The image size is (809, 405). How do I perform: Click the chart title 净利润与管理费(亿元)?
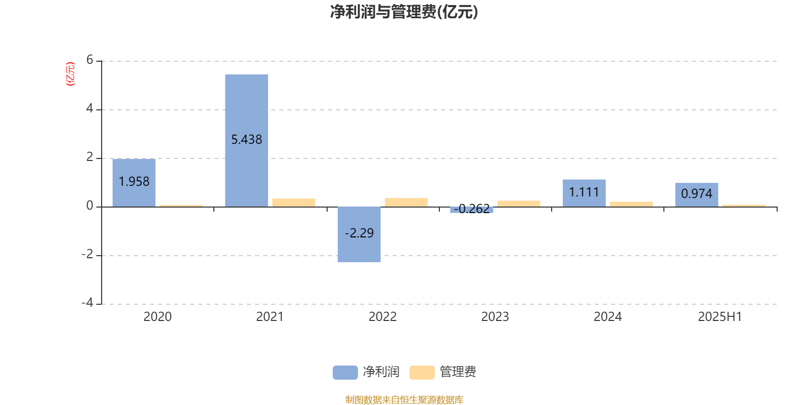pyautogui.click(x=404, y=12)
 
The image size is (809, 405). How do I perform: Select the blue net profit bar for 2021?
pyautogui.click(x=246, y=141)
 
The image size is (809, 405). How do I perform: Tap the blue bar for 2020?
pyautogui.click(x=134, y=183)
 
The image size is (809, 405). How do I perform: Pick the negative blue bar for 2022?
pyautogui.click(x=359, y=234)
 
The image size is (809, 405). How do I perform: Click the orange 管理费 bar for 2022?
pyautogui.click(x=407, y=202)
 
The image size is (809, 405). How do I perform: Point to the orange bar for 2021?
pyautogui.click(x=294, y=203)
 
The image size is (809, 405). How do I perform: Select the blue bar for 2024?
pyautogui.click(x=584, y=193)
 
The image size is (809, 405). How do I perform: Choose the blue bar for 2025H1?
pyautogui.click(x=697, y=195)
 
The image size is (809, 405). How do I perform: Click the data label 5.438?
pyautogui.click(x=246, y=140)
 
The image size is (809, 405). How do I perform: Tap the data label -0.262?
pyautogui.click(x=472, y=209)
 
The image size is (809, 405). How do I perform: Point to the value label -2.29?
pyautogui.click(x=359, y=233)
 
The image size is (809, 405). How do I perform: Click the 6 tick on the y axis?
pyautogui.click(x=89, y=60)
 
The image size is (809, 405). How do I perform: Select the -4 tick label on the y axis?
pyautogui.click(x=87, y=303)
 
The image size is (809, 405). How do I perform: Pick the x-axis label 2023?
pyautogui.click(x=495, y=317)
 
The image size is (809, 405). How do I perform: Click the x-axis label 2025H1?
pyautogui.click(x=720, y=317)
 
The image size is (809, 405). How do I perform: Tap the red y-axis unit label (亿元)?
pyautogui.click(x=70, y=74)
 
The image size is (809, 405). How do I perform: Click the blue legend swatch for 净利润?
pyautogui.click(x=345, y=373)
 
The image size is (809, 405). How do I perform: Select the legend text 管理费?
pyautogui.click(x=458, y=372)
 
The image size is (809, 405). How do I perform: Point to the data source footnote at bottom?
pyautogui.click(x=404, y=399)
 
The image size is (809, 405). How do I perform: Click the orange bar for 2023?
pyautogui.click(x=519, y=204)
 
